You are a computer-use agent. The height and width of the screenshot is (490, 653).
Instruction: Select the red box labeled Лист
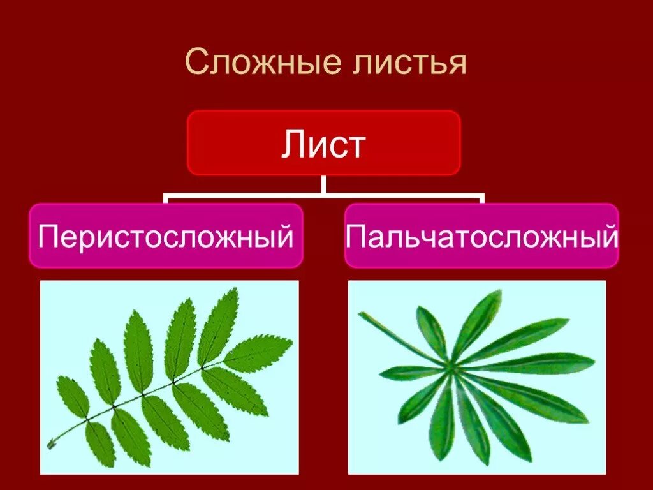point(323,143)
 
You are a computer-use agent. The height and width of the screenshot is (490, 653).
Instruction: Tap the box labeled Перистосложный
point(166,235)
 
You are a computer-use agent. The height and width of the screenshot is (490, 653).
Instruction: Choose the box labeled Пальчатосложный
point(481,235)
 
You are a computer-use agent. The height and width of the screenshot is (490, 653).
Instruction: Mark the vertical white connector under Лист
point(324,184)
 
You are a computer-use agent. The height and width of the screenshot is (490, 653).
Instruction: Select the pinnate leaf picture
point(169,377)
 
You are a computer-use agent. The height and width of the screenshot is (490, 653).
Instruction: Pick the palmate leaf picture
point(477,377)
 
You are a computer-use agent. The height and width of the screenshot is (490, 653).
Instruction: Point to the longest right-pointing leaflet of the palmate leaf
point(542,364)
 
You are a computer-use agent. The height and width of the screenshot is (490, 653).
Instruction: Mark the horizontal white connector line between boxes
point(324,197)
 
